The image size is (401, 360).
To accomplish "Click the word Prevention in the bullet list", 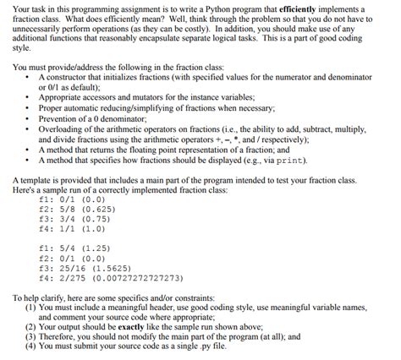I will click(x=60, y=117).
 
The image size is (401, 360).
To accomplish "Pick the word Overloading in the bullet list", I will click(x=63, y=127).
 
